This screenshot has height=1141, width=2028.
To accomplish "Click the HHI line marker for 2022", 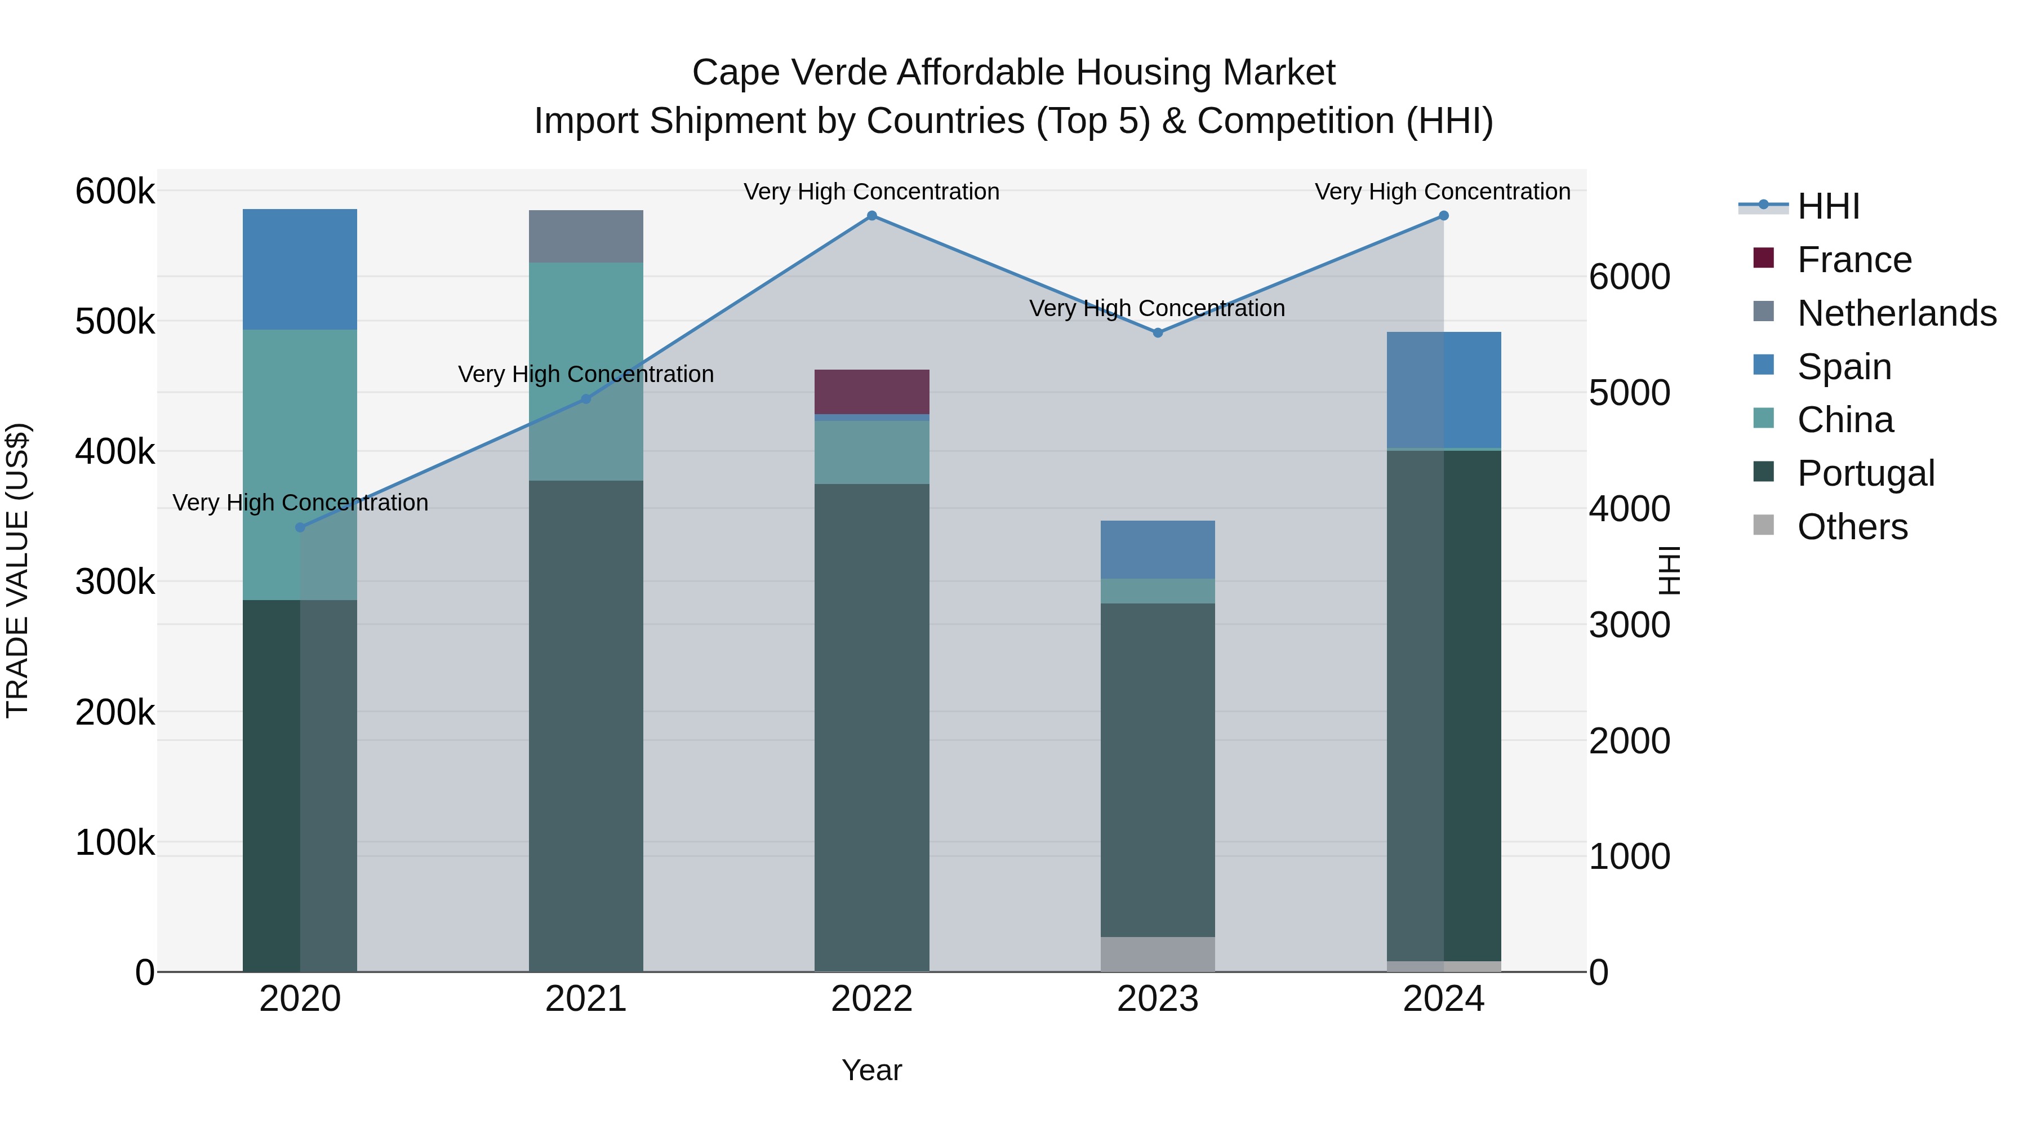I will (871, 216).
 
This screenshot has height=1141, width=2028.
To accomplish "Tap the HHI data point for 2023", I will (1157, 333).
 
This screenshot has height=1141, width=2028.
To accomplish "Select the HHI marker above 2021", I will (586, 399).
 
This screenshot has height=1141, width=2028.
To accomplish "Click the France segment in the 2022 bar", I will (871, 392).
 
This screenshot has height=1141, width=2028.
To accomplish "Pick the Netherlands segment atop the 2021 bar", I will (586, 236).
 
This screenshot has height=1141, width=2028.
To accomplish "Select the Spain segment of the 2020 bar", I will (300, 269).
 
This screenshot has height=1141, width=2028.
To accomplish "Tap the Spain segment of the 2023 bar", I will (1157, 549).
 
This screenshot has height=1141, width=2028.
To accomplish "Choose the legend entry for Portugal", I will (1865, 473).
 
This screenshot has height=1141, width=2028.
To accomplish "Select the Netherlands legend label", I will (1897, 313).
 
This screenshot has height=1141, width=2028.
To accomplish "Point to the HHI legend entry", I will (1828, 206).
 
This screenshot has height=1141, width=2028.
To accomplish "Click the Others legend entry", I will (1852, 527).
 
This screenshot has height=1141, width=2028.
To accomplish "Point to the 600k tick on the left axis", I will (115, 192).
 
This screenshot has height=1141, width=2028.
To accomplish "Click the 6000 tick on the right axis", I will (1629, 277).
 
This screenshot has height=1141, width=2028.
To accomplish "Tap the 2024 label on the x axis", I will (1443, 999).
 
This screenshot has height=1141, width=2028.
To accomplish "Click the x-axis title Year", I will (871, 1070).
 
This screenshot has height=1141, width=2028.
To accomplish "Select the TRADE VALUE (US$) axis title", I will (17, 570).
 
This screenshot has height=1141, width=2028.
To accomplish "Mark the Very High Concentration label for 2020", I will (300, 503).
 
